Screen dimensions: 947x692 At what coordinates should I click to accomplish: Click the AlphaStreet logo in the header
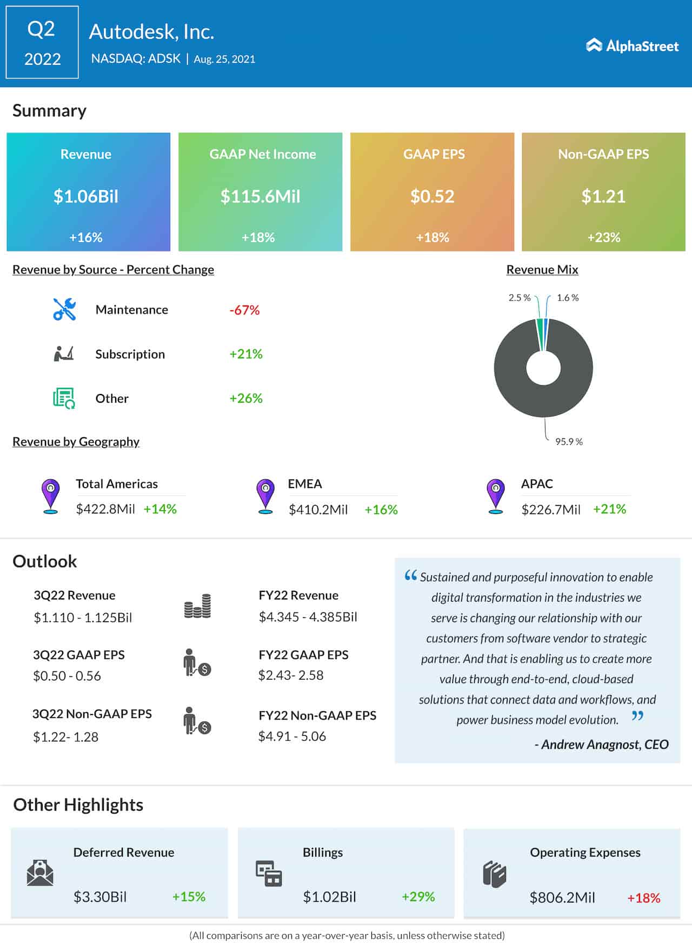coord(632,46)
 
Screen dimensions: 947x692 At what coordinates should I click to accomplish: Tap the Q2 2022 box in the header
coord(42,43)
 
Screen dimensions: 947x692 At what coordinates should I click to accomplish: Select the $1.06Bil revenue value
coord(85,196)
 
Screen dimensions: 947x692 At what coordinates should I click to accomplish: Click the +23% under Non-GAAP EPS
coord(603,237)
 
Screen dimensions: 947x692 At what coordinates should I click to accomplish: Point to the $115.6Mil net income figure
coord(260,196)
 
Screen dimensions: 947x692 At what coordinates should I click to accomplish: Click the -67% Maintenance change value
coord(244,310)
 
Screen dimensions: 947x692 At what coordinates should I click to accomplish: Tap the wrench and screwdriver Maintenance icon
coord(64,310)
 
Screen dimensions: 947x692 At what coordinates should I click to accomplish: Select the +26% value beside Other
coord(246,398)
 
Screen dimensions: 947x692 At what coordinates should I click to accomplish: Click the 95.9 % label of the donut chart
coord(569,442)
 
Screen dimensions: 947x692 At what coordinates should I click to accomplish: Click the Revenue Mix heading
coord(542,269)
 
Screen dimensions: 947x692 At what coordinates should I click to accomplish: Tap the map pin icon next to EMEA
coord(265,495)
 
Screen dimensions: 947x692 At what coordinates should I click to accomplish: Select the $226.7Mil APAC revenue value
coord(550,510)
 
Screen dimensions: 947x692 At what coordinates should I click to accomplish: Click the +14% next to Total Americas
coord(160,509)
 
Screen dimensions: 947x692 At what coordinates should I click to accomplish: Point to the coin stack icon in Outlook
coord(197,606)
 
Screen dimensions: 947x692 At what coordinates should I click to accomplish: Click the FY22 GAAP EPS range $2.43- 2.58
coord(291,675)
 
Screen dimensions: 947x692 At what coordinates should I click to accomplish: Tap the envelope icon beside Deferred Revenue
coord(40,872)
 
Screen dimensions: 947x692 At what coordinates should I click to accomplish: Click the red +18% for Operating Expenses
coord(643,898)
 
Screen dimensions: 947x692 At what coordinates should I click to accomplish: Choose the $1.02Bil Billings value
coord(329,897)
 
